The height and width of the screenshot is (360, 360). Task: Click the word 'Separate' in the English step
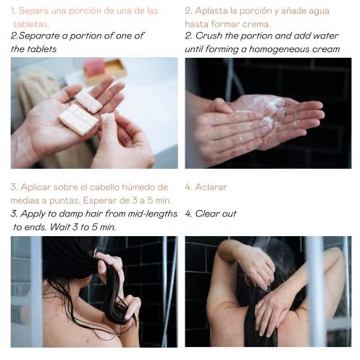(x=38, y=36)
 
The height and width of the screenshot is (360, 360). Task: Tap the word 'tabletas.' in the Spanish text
(x=31, y=24)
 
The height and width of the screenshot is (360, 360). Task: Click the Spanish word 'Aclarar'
(x=211, y=187)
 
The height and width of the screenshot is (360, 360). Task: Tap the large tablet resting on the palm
(x=78, y=120)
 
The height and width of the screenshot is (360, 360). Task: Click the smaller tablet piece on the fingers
(x=88, y=101)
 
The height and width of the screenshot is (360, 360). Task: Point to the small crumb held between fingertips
(x=107, y=118)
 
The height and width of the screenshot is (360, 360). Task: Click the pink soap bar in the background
(x=93, y=67)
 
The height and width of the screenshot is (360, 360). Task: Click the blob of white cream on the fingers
(x=267, y=121)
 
